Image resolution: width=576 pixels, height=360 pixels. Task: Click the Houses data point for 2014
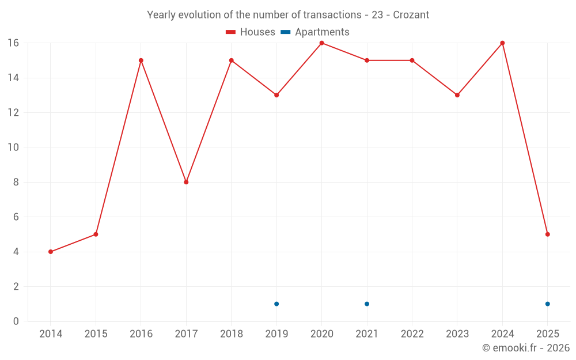[51, 252]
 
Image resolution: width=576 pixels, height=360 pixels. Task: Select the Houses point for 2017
[186, 182]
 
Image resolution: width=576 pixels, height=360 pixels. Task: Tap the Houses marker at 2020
[321, 43]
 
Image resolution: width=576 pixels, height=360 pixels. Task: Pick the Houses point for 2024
[502, 43]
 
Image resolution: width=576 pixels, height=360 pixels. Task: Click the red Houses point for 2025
[547, 234]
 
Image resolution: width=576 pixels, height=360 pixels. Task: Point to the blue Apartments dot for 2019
[276, 304]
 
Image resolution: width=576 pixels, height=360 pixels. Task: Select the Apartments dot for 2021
[367, 304]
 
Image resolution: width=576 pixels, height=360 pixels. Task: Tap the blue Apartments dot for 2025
[547, 304]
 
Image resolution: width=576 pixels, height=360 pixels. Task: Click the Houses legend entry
[251, 32]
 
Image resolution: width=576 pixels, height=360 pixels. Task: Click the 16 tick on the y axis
[13, 43]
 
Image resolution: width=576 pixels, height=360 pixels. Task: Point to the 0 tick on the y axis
[16, 321]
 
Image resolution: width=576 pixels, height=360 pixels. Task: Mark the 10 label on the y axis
[13, 147]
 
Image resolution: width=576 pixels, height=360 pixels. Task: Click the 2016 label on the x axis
[141, 334]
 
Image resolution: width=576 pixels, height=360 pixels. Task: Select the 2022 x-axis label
[412, 334]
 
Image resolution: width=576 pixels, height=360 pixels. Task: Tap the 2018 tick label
[232, 334]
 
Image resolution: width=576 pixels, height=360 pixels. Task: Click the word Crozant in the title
[411, 15]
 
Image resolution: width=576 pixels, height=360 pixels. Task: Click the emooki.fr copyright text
[525, 348]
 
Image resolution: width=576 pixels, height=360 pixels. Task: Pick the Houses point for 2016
[141, 60]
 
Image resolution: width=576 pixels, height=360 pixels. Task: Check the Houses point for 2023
[457, 95]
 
